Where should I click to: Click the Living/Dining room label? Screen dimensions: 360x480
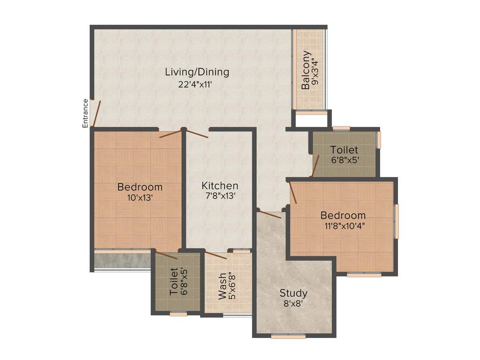[197, 72]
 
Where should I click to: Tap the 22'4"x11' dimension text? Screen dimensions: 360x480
[197, 85]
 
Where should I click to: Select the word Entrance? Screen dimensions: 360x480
[85, 113]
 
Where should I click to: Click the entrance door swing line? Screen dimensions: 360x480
[96, 114]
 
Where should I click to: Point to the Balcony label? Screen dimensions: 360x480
[306, 70]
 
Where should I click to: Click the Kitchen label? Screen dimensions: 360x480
[220, 186]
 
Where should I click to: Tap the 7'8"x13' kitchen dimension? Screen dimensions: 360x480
[220, 197]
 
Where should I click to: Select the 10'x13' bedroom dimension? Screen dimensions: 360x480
[140, 198]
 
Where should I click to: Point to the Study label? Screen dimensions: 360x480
[293, 293]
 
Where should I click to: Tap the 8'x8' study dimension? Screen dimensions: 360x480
[293, 304]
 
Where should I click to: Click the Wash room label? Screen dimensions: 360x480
[223, 286]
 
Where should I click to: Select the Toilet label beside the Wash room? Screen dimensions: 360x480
[173, 282]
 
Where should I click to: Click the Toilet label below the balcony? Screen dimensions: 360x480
[344, 150]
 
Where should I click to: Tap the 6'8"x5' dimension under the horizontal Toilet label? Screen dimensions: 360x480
[344, 160]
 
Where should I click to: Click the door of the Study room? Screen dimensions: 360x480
[270, 215]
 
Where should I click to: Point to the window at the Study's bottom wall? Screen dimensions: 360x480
[288, 336]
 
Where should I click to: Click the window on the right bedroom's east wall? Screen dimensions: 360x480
[396, 221]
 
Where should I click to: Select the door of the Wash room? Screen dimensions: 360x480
[216, 255]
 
